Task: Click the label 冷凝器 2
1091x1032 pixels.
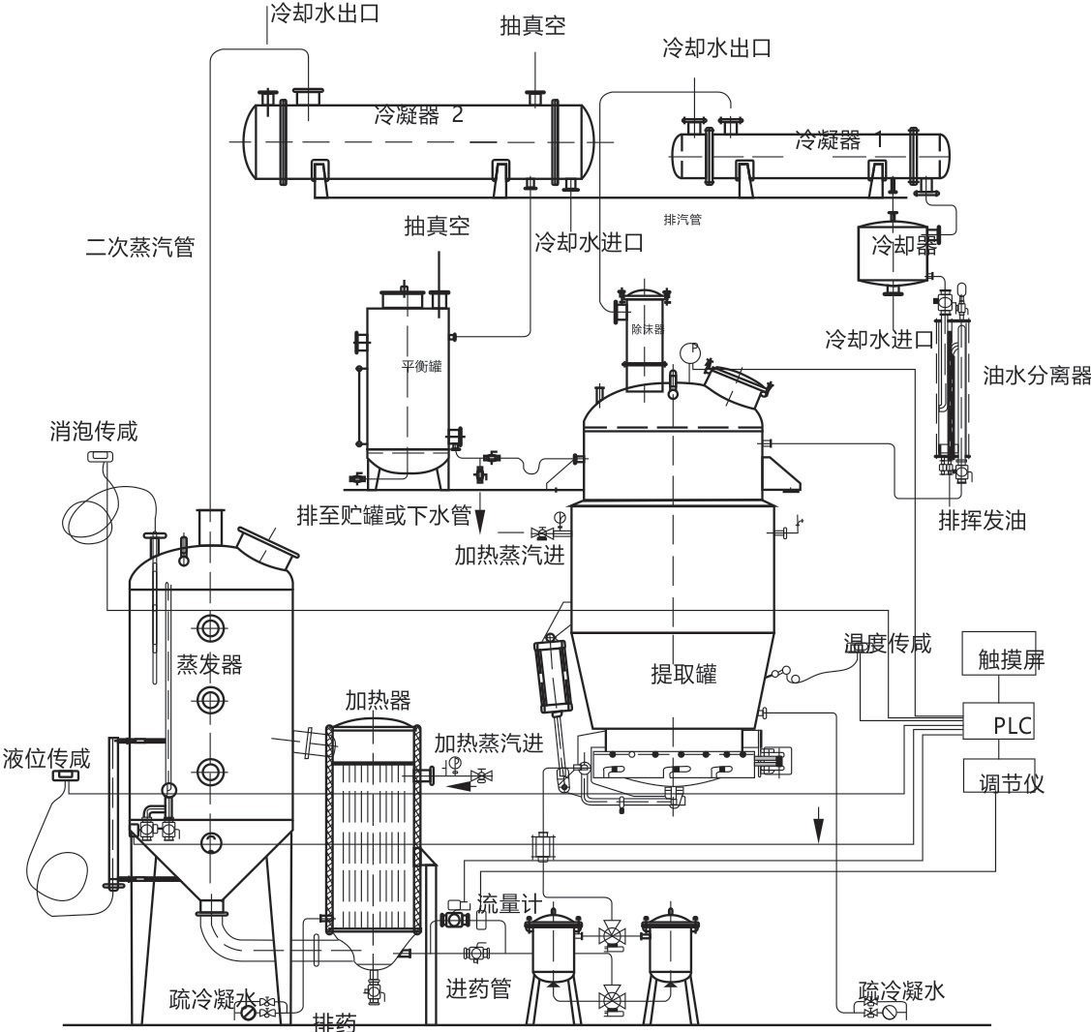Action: [418, 116]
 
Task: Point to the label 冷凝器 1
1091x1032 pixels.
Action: [837, 140]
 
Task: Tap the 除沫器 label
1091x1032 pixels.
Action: [647, 329]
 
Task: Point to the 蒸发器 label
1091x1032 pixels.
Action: [209, 664]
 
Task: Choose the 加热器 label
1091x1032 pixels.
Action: [377, 700]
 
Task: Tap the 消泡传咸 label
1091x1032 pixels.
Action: [93, 431]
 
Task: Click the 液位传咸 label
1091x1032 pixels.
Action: [46, 758]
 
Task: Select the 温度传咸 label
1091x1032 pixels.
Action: [887, 642]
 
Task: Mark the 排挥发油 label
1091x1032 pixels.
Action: [981, 520]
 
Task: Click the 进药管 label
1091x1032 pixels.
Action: [477, 988]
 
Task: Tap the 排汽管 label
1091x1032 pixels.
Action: [682, 220]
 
